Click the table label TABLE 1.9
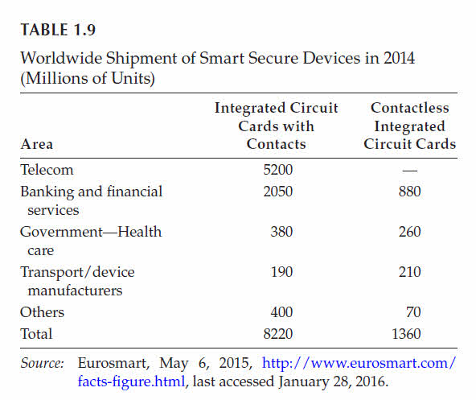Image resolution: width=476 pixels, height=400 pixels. tap(58, 30)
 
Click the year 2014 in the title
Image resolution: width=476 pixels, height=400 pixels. tap(399, 58)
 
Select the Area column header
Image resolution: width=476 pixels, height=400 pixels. tap(37, 144)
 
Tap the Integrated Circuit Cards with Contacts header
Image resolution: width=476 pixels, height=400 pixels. tap(277, 126)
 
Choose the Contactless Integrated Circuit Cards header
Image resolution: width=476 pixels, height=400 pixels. tap(410, 126)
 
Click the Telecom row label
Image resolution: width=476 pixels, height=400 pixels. tap(47, 170)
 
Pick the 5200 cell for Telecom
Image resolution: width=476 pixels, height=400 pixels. tap(277, 170)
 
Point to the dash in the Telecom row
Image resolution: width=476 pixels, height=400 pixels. tap(410, 171)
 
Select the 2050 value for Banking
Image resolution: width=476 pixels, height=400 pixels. tap(277, 192)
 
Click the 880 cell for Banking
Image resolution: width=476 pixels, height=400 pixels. tap(410, 192)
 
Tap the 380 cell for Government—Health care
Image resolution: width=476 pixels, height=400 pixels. tap(281, 232)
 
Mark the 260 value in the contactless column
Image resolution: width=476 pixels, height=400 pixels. tap(410, 232)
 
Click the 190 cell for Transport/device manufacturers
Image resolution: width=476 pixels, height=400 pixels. tap(281, 272)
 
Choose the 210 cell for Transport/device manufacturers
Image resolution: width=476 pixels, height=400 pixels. tap(410, 272)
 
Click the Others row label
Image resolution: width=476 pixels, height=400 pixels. tap(42, 312)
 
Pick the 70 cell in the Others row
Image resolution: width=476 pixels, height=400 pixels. tap(413, 312)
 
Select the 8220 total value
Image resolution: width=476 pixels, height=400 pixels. tap(277, 334)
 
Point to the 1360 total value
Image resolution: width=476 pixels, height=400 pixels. tap(406, 334)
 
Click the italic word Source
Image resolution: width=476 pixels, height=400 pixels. tap(42, 363)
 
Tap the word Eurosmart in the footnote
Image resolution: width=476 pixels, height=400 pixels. tap(113, 363)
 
